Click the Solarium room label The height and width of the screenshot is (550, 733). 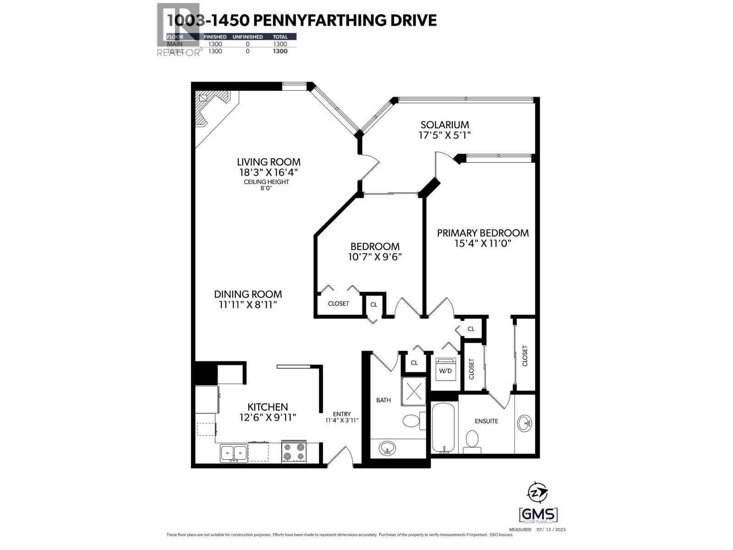(x=444, y=125)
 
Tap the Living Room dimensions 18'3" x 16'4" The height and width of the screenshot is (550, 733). (x=268, y=172)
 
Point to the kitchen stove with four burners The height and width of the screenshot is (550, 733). (x=293, y=451)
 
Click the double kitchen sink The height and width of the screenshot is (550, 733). (x=234, y=453)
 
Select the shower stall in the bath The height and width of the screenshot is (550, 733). (x=414, y=391)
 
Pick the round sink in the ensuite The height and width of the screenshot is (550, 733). (x=525, y=423)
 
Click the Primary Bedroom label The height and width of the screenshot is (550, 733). (x=482, y=233)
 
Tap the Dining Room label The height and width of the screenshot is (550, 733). (x=248, y=294)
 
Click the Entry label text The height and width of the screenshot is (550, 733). (x=342, y=414)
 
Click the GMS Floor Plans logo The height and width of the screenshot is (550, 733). (x=538, y=515)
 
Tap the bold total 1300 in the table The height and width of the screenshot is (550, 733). (x=280, y=51)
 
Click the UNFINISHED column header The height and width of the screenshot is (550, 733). (x=247, y=37)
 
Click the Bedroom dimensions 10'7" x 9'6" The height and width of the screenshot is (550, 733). (x=375, y=257)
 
